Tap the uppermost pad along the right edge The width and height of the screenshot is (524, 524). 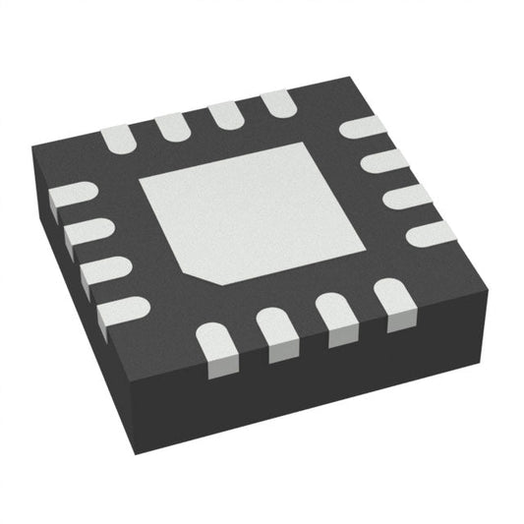tap(362, 127)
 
